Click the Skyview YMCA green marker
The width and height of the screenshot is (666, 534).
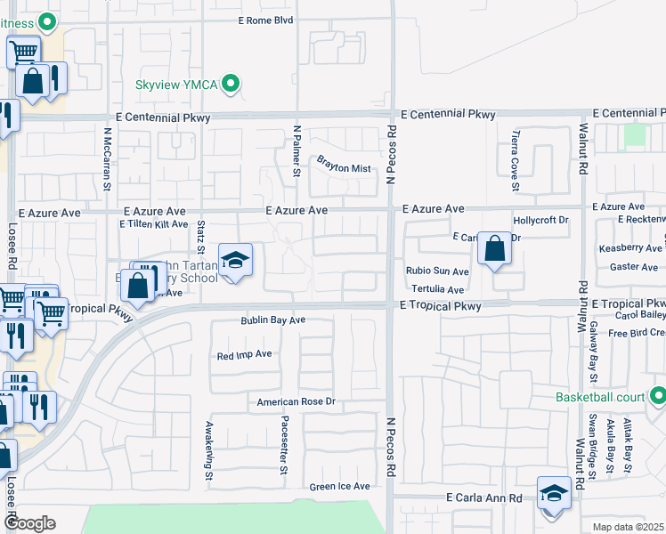[231, 84]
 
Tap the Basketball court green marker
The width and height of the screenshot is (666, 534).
[658, 396]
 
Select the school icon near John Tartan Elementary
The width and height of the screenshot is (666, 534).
[234, 260]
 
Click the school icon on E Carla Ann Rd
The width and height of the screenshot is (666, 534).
[553, 492]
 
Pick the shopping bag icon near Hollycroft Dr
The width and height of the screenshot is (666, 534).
[494, 248]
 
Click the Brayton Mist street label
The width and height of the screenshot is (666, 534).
[343, 163]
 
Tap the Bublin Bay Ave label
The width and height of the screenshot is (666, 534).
[272, 320]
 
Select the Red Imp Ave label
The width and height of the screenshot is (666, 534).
[244, 354]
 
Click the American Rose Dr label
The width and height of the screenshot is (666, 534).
[295, 402]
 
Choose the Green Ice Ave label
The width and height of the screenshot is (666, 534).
[339, 487]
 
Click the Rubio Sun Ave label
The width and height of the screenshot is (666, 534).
[437, 271]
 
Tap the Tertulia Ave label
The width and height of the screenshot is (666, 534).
[437, 289]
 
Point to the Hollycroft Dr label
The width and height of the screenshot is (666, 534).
[540, 220]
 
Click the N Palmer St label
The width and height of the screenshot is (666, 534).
[297, 150]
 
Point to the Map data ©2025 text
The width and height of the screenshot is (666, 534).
[629, 527]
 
